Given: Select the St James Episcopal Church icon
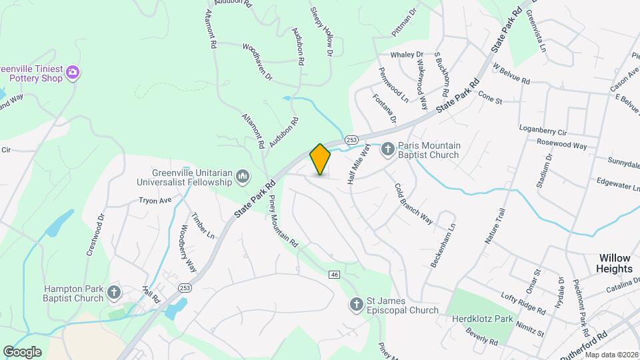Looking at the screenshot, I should point(356,305).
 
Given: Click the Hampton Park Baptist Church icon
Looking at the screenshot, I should point(115,293).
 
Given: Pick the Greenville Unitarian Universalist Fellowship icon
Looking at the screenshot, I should point(243,176).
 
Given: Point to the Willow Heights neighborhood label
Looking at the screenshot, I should point(615,263).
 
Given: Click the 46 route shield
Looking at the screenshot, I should point(335,274).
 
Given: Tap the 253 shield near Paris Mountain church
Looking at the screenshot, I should point(352,139).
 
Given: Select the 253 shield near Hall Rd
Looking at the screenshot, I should point(185,287).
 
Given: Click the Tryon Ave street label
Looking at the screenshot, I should point(155,200).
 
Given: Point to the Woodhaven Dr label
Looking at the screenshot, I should point(257,62).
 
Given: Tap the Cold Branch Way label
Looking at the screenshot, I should point(413,205).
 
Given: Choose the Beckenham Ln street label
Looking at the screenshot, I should point(443,246).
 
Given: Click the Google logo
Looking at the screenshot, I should point(22,351).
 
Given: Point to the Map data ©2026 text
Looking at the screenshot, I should point(611,355).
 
